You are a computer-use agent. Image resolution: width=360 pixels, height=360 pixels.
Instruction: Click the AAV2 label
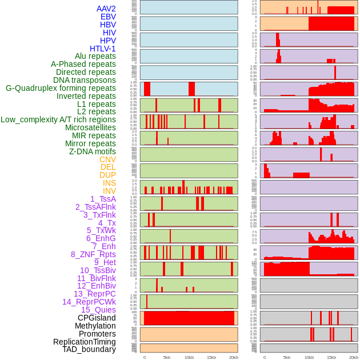pos(106,9)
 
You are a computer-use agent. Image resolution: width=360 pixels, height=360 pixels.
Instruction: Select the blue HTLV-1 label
pos(103,49)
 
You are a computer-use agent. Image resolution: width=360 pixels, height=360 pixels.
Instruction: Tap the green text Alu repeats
pos(95,56)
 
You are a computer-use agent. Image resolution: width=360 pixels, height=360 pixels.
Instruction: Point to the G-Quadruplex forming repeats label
pos(61,88)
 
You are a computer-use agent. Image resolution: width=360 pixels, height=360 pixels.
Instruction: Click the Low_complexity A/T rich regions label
pos(58,119)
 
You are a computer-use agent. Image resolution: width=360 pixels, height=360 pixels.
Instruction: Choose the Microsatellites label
pos(90,127)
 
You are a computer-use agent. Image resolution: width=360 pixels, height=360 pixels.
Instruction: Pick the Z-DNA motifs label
pos(93,151)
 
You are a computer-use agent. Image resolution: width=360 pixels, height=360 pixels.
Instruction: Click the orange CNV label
pos(107,159)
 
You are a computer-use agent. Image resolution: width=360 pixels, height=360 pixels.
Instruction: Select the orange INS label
pos(109,183)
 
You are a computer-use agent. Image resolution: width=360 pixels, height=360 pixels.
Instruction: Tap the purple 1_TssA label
pos(103,199)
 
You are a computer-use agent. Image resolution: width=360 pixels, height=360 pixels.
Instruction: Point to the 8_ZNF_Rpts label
pos(93,254)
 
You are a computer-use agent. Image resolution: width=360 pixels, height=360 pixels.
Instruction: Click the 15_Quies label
pos(98,310)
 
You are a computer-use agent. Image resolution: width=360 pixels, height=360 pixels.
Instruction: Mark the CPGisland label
pos(97,318)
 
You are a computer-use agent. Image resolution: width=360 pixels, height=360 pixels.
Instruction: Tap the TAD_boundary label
pos(89,349)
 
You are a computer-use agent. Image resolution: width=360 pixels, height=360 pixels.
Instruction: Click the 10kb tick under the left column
pos(189,357)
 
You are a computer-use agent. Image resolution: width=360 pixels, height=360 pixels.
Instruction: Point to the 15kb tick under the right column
pos(331,357)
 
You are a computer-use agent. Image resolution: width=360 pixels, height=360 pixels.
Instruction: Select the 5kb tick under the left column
pos(167,357)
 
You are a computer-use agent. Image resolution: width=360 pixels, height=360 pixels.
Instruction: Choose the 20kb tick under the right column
pos(354,357)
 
